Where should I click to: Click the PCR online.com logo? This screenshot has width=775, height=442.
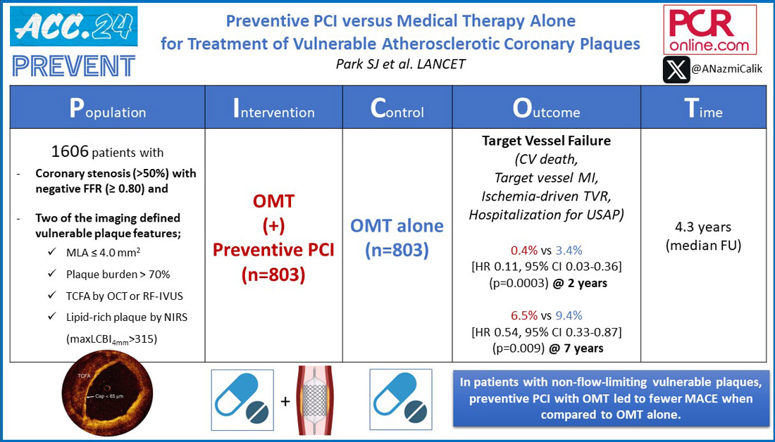(x=709, y=30)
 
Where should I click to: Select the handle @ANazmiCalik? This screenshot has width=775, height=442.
(x=727, y=70)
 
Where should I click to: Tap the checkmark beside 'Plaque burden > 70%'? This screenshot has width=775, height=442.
(x=52, y=274)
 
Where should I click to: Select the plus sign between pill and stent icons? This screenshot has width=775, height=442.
(x=285, y=401)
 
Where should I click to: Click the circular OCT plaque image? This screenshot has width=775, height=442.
(x=107, y=399)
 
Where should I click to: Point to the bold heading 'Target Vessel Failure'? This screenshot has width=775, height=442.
(x=546, y=141)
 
